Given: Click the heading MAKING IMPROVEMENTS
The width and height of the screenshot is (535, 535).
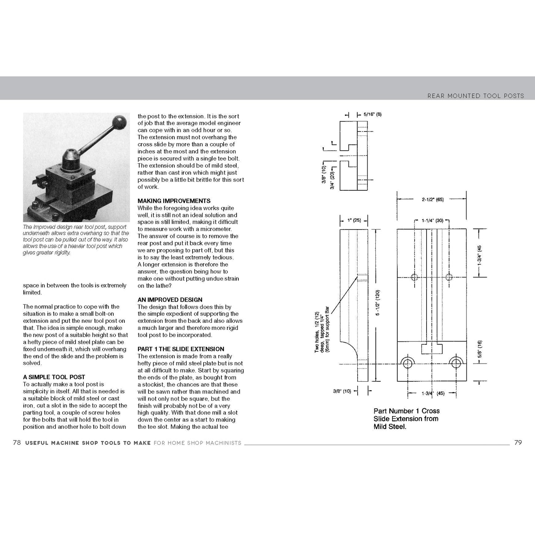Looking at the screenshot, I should coord(174,201).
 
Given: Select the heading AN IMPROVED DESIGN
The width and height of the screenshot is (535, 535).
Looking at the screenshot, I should coord(170,300).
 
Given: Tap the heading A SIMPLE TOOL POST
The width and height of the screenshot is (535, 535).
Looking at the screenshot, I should coord(54,377).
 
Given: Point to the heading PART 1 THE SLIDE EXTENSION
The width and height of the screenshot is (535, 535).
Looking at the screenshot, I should coord(181,349).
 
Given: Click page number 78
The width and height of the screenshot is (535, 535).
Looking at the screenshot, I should coord(17,442).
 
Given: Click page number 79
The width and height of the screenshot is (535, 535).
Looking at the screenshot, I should coord(518,442).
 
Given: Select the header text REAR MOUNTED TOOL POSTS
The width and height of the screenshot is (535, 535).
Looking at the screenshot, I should coord(475,96).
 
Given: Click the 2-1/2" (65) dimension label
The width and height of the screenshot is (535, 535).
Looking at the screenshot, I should coord(432,200).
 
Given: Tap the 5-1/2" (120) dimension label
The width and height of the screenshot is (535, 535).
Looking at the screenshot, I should coord(378,303).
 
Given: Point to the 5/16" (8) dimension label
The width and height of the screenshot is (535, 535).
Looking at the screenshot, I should coord(372,114).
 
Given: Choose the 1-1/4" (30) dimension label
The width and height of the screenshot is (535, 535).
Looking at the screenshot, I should coord(432,221).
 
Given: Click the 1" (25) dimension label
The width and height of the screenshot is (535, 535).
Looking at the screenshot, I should coord(354,221).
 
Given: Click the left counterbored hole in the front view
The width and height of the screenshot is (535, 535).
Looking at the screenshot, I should coord(408,362).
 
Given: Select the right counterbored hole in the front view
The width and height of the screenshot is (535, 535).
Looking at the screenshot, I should coord(455,362).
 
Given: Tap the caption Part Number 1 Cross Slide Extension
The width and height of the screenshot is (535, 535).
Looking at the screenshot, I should coord(406,419).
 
